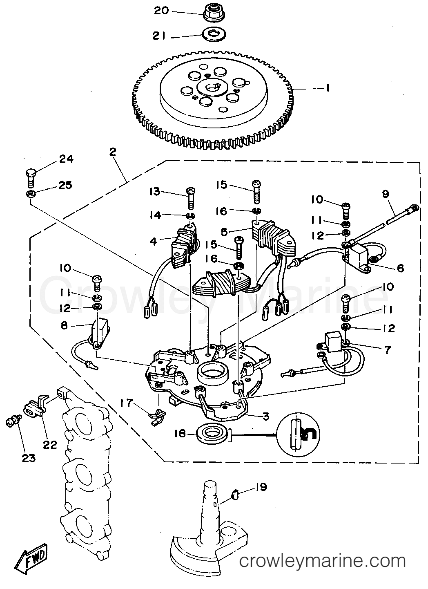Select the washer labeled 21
(x=214, y=34)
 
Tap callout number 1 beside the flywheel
(x=328, y=88)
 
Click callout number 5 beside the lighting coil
(x=224, y=232)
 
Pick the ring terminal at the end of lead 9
(x=413, y=209)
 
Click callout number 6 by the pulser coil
(x=400, y=268)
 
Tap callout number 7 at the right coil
(x=388, y=350)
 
